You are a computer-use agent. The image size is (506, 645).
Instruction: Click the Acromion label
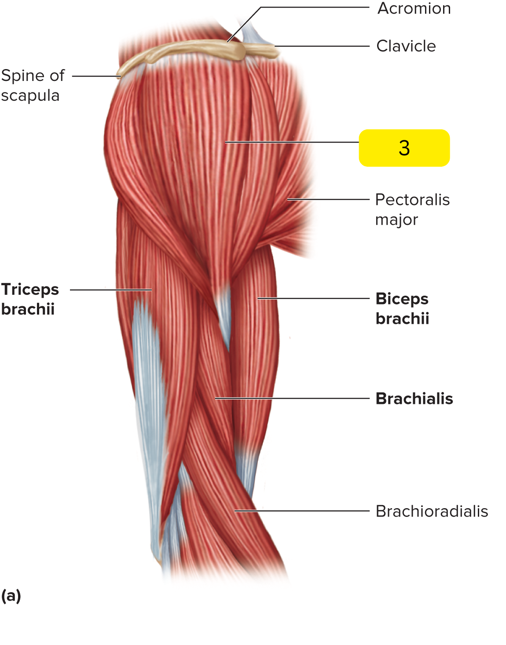[414, 8]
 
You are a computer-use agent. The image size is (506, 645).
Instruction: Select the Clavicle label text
[406, 46]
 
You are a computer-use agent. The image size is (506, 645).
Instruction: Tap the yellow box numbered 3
[404, 148]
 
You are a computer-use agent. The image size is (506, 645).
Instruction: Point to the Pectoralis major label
[412, 209]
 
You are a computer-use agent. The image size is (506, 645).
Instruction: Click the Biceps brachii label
[402, 308]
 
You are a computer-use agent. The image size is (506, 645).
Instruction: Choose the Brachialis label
[414, 399]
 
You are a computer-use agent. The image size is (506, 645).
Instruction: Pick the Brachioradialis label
[432, 511]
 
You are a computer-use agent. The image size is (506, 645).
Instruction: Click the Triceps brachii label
[30, 299]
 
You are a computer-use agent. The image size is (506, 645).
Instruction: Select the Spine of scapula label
[33, 85]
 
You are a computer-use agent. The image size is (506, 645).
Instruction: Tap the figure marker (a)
[11, 596]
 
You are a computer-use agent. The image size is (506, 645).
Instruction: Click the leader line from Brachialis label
[292, 398]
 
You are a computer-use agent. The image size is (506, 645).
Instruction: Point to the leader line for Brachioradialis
[302, 511]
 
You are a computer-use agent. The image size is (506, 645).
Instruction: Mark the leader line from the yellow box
[292, 143]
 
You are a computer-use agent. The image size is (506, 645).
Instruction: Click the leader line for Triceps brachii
[111, 290]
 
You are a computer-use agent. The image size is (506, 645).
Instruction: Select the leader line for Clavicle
[322, 46]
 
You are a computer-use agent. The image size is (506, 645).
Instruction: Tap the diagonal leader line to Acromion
[244, 24]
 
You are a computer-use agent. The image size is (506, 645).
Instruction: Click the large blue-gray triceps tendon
[147, 416]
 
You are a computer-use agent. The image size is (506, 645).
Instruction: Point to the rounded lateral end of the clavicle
[239, 51]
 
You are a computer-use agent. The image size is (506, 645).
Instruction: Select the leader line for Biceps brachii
[313, 298]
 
